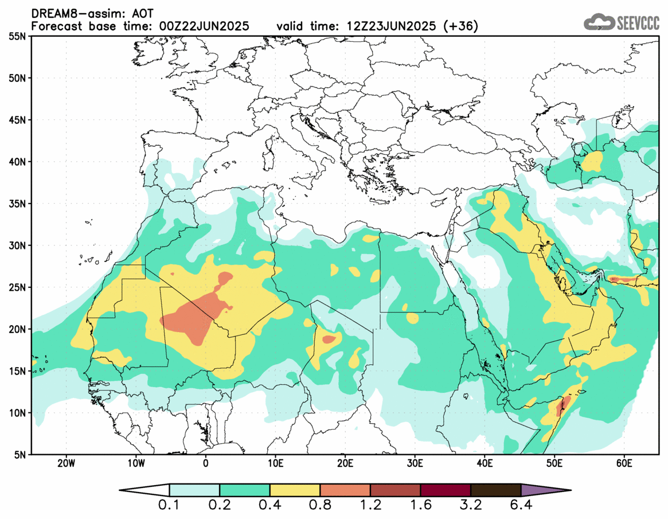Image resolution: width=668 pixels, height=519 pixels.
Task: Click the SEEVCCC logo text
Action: (638, 22)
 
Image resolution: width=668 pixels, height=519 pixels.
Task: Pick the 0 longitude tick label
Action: (206, 463)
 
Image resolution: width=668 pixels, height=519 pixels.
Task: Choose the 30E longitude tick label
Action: (415, 463)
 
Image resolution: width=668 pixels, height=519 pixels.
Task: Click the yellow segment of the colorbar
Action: (295, 490)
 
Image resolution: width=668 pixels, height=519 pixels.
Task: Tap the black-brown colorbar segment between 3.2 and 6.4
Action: (495, 490)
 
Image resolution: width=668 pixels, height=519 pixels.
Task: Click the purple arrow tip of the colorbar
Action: (545, 490)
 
